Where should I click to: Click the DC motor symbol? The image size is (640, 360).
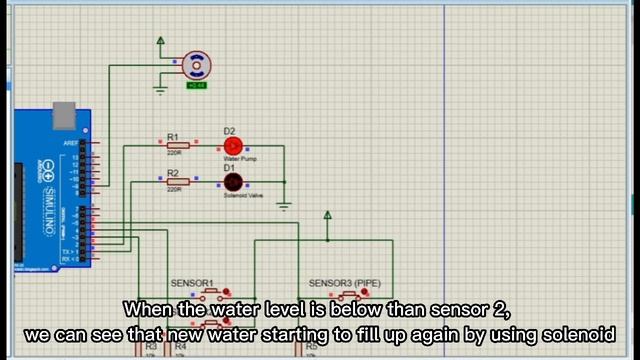click(197, 67)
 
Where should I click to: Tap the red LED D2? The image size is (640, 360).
click(232, 146)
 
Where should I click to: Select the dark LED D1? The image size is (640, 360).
click(232, 182)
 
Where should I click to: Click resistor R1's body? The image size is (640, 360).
click(178, 146)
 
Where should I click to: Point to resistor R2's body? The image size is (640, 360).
click(178, 181)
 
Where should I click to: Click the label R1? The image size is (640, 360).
click(173, 137)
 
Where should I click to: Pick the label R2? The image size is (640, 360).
click(173, 172)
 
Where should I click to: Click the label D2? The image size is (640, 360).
click(229, 131)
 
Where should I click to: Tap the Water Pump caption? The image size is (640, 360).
click(239, 159)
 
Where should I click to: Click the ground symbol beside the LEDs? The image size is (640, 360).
click(284, 206)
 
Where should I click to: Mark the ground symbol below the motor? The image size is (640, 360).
click(160, 91)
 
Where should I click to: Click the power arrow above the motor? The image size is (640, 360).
click(160, 41)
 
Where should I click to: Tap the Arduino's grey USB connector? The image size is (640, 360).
click(64, 115)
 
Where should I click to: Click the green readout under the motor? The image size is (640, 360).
click(197, 85)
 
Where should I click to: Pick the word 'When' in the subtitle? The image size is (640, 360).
click(145, 310)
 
